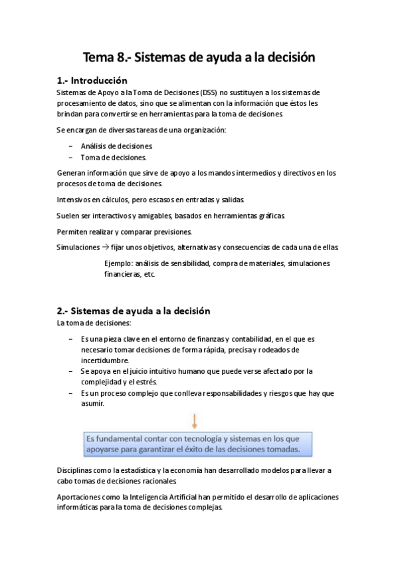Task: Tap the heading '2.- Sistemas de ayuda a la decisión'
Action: [x=134, y=311]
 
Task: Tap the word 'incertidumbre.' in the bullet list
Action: [x=105, y=360]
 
